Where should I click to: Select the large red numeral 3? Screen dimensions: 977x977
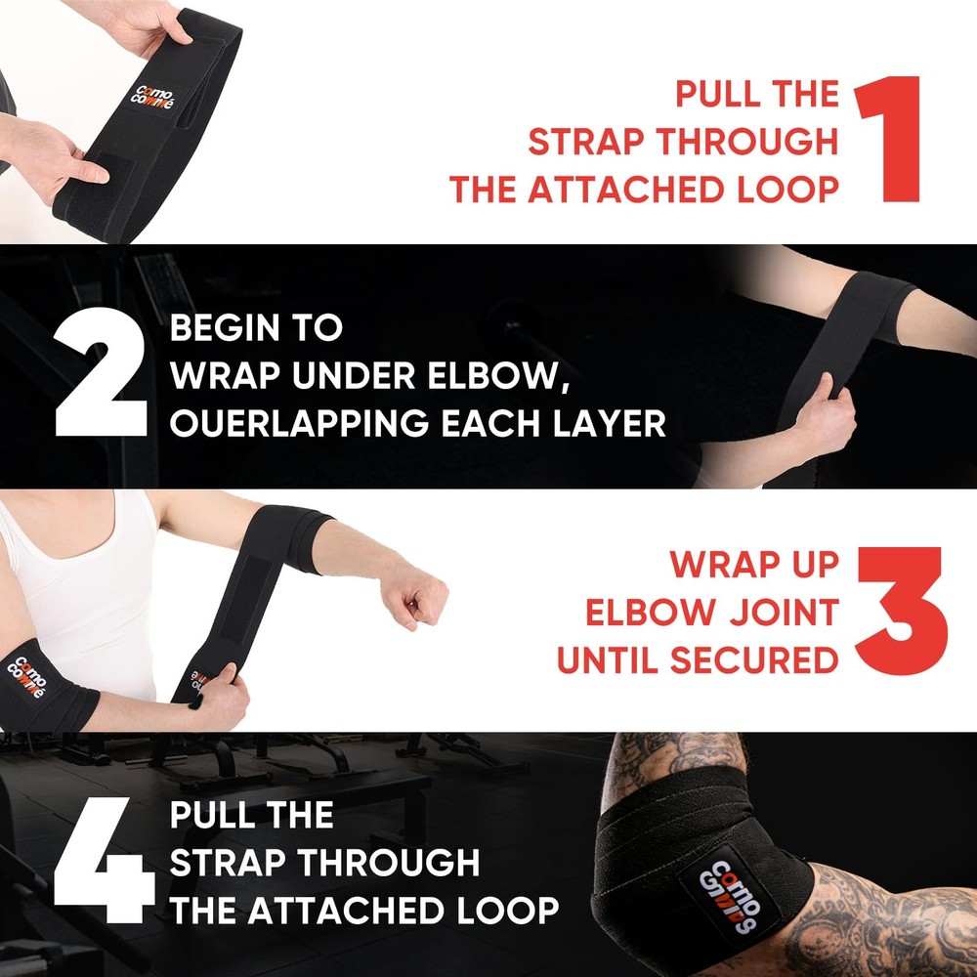(901, 613)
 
